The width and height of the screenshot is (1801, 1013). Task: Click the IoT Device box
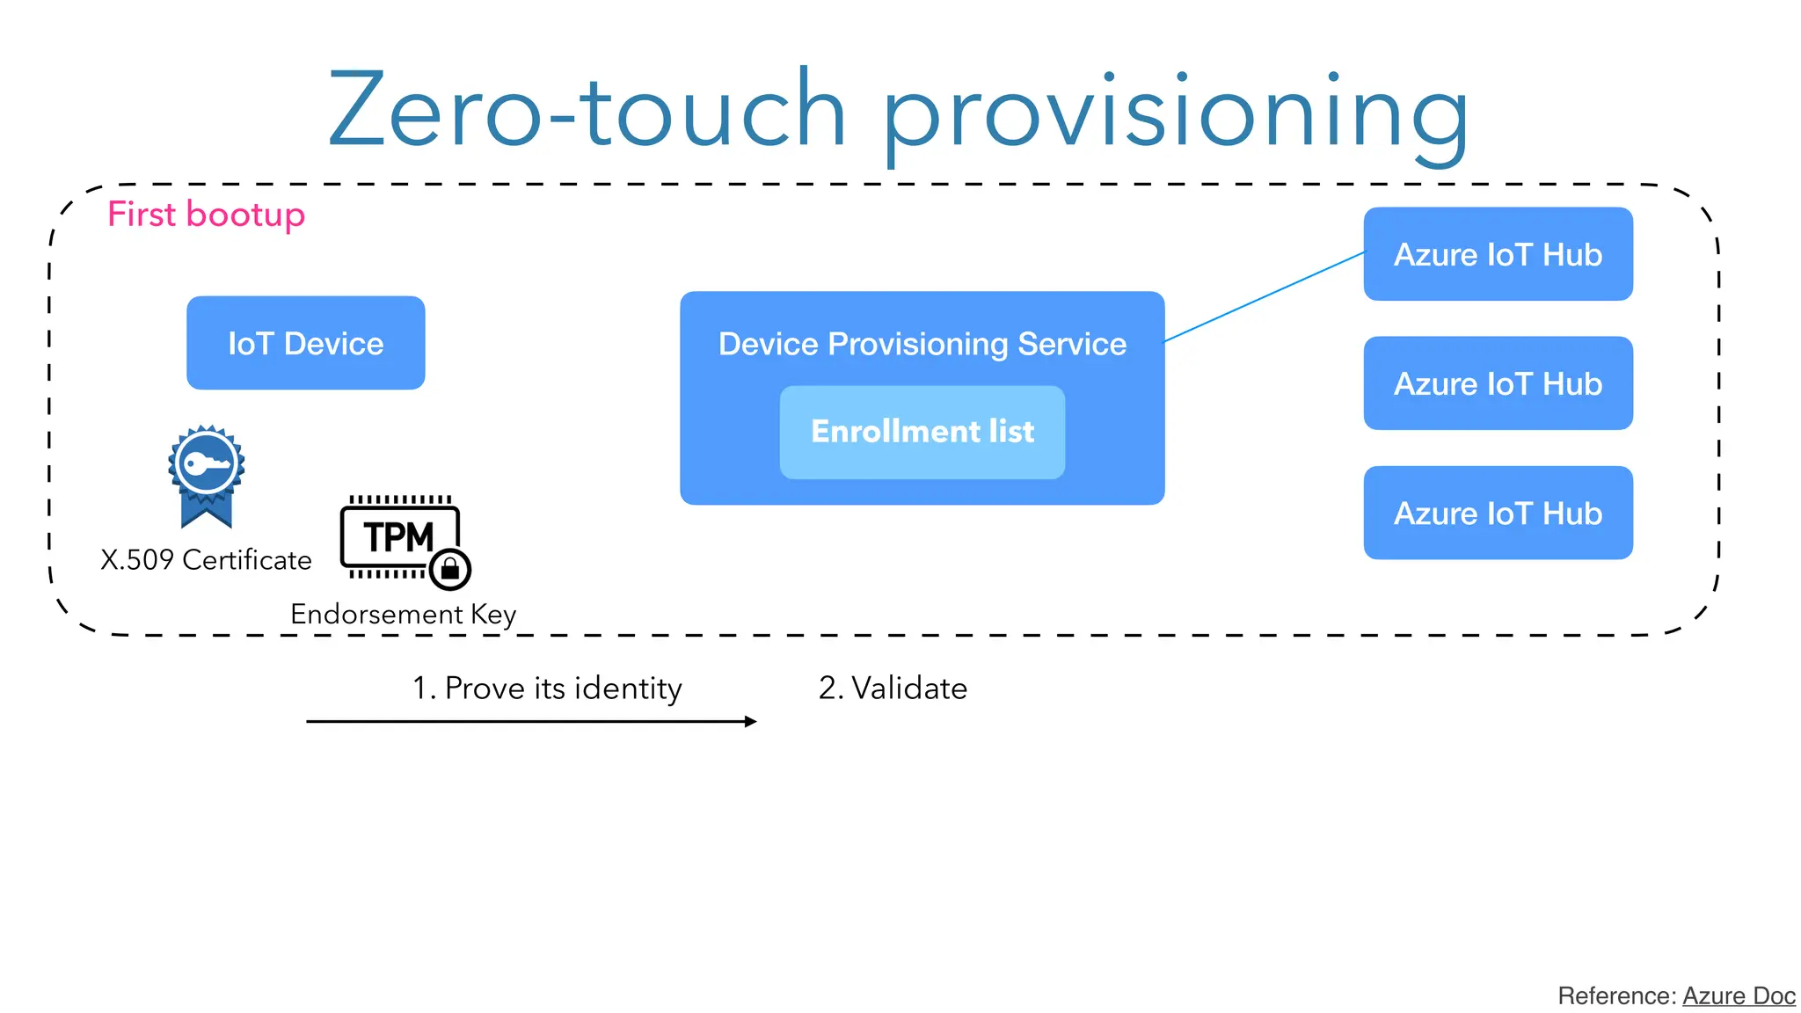click(x=305, y=343)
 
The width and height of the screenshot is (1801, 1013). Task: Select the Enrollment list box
click(x=922, y=432)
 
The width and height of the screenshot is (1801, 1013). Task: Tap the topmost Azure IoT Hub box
click(x=1498, y=254)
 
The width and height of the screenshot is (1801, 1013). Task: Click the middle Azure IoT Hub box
click(x=1498, y=383)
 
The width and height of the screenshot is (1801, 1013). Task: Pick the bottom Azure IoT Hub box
click(x=1498, y=513)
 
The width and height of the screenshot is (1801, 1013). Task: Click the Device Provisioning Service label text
click(x=922, y=344)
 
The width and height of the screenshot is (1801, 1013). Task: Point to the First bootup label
click(x=206, y=215)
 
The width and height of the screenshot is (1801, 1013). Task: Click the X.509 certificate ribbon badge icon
click(x=206, y=476)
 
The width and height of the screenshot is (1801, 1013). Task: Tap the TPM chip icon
click(x=398, y=536)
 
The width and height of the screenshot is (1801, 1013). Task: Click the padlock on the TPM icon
click(x=450, y=569)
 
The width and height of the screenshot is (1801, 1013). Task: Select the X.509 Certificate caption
click(x=206, y=560)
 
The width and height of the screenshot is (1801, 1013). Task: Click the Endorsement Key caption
click(x=403, y=614)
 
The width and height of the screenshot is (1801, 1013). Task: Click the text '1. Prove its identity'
click(x=547, y=688)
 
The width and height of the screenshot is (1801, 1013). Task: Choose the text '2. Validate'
click(x=893, y=688)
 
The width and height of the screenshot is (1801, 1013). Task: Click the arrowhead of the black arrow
click(x=750, y=722)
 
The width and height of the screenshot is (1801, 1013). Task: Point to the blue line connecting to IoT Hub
click(x=1264, y=296)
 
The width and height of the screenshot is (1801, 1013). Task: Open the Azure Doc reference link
click(x=1738, y=995)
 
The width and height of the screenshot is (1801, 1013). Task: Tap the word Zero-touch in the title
click(x=587, y=110)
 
